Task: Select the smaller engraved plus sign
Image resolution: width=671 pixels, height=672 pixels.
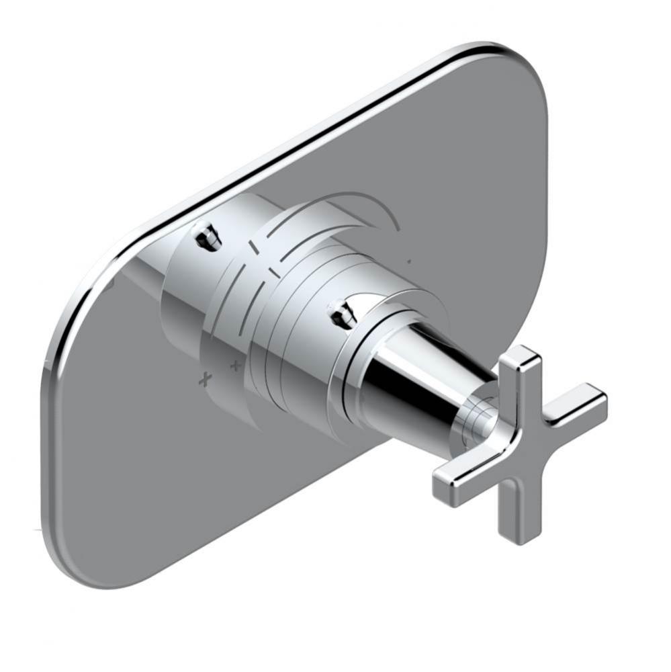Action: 235,366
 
